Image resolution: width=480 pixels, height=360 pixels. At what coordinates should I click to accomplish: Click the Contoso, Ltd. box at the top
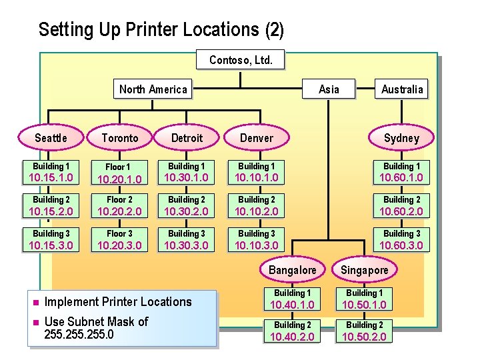(241, 60)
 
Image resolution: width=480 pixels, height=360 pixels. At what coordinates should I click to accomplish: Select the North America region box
(153, 89)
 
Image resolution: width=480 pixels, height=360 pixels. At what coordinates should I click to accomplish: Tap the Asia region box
(329, 89)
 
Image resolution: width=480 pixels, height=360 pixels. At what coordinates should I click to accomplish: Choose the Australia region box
(402, 89)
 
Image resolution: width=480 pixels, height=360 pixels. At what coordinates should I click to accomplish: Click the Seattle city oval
(51, 138)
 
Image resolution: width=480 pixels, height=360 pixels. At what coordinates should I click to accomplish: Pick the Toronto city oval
(120, 138)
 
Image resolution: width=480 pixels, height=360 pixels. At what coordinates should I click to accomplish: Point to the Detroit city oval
(187, 138)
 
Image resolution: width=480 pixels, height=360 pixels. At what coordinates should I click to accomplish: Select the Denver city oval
(257, 138)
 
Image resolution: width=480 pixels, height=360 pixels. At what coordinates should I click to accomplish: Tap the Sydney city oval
(401, 138)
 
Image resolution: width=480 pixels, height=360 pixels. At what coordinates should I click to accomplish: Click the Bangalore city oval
(292, 270)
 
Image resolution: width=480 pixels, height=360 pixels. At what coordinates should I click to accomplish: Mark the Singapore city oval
(364, 270)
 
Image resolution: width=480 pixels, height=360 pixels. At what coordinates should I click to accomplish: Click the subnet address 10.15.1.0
(51, 178)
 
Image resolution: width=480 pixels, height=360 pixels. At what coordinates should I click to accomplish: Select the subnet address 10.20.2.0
(120, 212)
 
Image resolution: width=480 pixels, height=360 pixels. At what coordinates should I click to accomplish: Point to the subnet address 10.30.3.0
(187, 245)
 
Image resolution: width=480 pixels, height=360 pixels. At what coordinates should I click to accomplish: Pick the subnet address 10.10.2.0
(257, 212)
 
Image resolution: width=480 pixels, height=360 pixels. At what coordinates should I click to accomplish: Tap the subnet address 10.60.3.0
(401, 245)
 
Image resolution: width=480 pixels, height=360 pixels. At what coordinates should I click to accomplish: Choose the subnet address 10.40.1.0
(292, 305)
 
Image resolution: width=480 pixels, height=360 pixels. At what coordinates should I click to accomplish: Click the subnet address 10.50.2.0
(364, 337)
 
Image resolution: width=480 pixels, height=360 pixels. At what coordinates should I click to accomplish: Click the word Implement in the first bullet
(71, 302)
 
